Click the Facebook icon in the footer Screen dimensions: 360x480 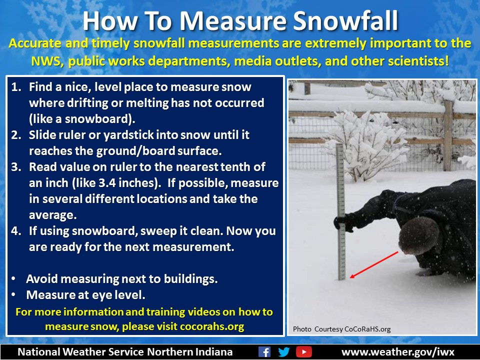click(264, 351)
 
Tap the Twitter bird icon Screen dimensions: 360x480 click(284, 351)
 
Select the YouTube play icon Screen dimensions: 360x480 click(303, 351)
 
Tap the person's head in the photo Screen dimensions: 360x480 click(418, 235)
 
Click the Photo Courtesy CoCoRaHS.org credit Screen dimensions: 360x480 click(341, 329)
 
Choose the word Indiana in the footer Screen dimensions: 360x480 click(212, 351)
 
